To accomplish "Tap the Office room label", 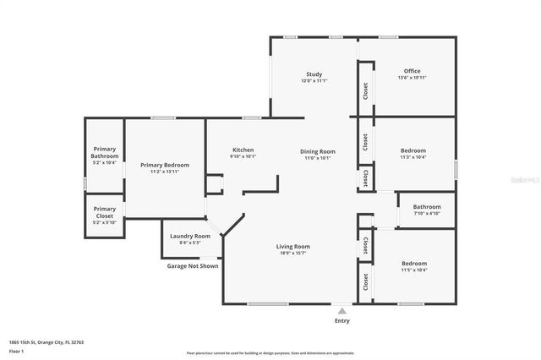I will [x=412, y=71].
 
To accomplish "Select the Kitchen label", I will [x=243, y=150].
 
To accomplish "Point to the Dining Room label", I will [x=318, y=151].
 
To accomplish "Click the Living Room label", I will [x=292, y=246].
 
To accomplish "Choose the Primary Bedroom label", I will [x=165, y=165].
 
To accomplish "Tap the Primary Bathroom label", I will [x=105, y=153].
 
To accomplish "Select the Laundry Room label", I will [x=189, y=237].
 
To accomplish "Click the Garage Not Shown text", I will [x=192, y=266].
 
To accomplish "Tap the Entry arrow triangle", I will [x=342, y=311].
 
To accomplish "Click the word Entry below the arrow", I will [x=342, y=321].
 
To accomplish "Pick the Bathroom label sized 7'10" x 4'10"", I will [x=427, y=207].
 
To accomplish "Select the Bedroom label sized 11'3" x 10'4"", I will [x=413, y=150].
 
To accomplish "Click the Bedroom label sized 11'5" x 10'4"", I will [x=413, y=264].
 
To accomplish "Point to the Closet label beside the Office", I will [x=365, y=90].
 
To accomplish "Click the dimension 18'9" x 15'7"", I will [x=292, y=253].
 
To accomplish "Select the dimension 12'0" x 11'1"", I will [x=313, y=81].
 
